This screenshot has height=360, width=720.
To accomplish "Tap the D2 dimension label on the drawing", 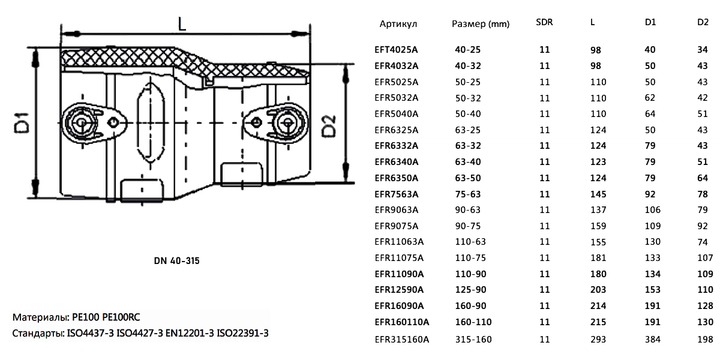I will [330, 127].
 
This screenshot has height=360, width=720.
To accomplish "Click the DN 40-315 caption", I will [177, 262].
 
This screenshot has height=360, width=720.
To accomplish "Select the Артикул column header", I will [398, 24].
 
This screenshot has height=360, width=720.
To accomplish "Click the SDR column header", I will [544, 23].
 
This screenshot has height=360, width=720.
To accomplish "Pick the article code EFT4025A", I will [397, 50].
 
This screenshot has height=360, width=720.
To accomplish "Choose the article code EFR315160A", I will [402, 339].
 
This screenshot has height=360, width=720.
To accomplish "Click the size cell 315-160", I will [473, 339].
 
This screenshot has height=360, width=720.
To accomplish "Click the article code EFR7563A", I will [397, 194].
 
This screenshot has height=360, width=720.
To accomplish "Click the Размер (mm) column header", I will [480, 24].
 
